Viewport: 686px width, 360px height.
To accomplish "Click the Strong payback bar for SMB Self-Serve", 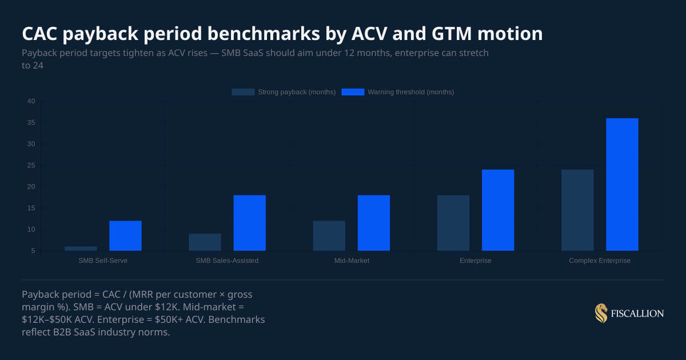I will tap(81, 249).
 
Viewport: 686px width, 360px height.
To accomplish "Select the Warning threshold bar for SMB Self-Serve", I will tap(125, 236).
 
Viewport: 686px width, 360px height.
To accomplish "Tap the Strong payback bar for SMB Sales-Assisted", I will tap(205, 242).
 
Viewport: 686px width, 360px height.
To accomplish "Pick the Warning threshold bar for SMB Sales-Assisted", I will tap(249, 223).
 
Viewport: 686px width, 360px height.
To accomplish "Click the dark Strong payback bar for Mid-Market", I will tap(329, 236).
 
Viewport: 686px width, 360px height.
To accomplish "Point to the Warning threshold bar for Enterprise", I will tap(498, 210).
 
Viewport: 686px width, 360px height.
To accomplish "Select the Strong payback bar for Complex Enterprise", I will tap(577, 210).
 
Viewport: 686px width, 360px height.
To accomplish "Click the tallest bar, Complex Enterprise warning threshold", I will tap(622, 185).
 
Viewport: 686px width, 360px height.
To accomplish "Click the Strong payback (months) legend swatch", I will tap(243, 92).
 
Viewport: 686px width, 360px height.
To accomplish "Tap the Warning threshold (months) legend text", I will tap(410, 92).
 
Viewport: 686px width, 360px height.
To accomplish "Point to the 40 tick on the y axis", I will tap(31, 102).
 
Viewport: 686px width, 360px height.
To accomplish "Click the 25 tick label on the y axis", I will tap(31, 166).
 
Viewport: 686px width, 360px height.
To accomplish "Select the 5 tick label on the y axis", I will tap(33, 251).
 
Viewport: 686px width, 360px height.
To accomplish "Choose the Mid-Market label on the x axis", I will tap(352, 261).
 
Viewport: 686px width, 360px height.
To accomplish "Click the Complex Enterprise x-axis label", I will tap(600, 261).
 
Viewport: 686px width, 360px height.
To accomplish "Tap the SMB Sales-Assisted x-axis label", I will tap(227, 261).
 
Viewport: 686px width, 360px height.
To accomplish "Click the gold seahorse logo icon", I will tap(601, 313).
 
